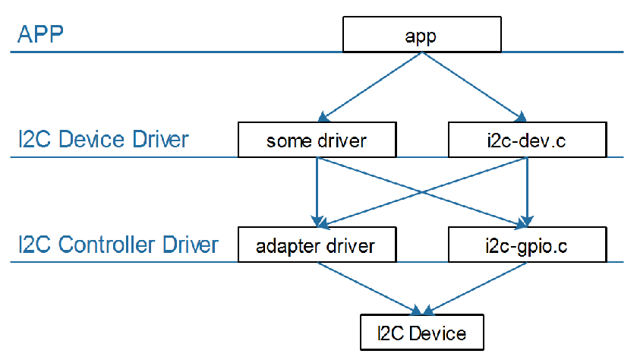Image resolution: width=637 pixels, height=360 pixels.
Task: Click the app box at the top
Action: [x=422, y=35]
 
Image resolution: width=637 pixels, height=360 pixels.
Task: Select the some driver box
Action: [x=317, y=140]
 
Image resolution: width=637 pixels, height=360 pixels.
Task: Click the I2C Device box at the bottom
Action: [x=422, y=333]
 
